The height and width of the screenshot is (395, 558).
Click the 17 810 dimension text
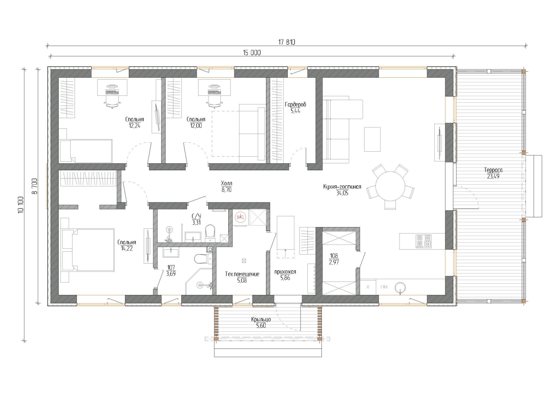point(286,42)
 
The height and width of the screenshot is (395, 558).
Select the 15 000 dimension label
point(252,53)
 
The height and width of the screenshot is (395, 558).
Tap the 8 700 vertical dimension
point(34,186)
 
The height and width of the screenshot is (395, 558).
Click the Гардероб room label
point(295,104)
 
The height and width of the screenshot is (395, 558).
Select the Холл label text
point(226,183)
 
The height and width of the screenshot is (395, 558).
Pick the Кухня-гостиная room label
point(342,187)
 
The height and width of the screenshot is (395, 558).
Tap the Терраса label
point(493,170)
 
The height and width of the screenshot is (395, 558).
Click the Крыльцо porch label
point(261,320)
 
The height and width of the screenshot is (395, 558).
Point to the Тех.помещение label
point(242,274)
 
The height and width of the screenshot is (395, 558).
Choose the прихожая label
point(285,272)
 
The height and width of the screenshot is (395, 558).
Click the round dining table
point(390,186)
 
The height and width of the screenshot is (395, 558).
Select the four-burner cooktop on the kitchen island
point(424,241)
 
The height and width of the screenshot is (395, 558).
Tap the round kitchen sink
point(400,288)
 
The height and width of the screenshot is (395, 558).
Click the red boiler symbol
point(240,217)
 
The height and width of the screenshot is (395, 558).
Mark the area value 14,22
point(127,248)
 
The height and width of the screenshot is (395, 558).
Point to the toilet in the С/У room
point(210,233)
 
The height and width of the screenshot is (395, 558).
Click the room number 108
point(334,255)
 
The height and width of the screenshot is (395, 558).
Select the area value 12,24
point(134,126)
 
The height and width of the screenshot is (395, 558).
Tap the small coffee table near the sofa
point(372,139)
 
